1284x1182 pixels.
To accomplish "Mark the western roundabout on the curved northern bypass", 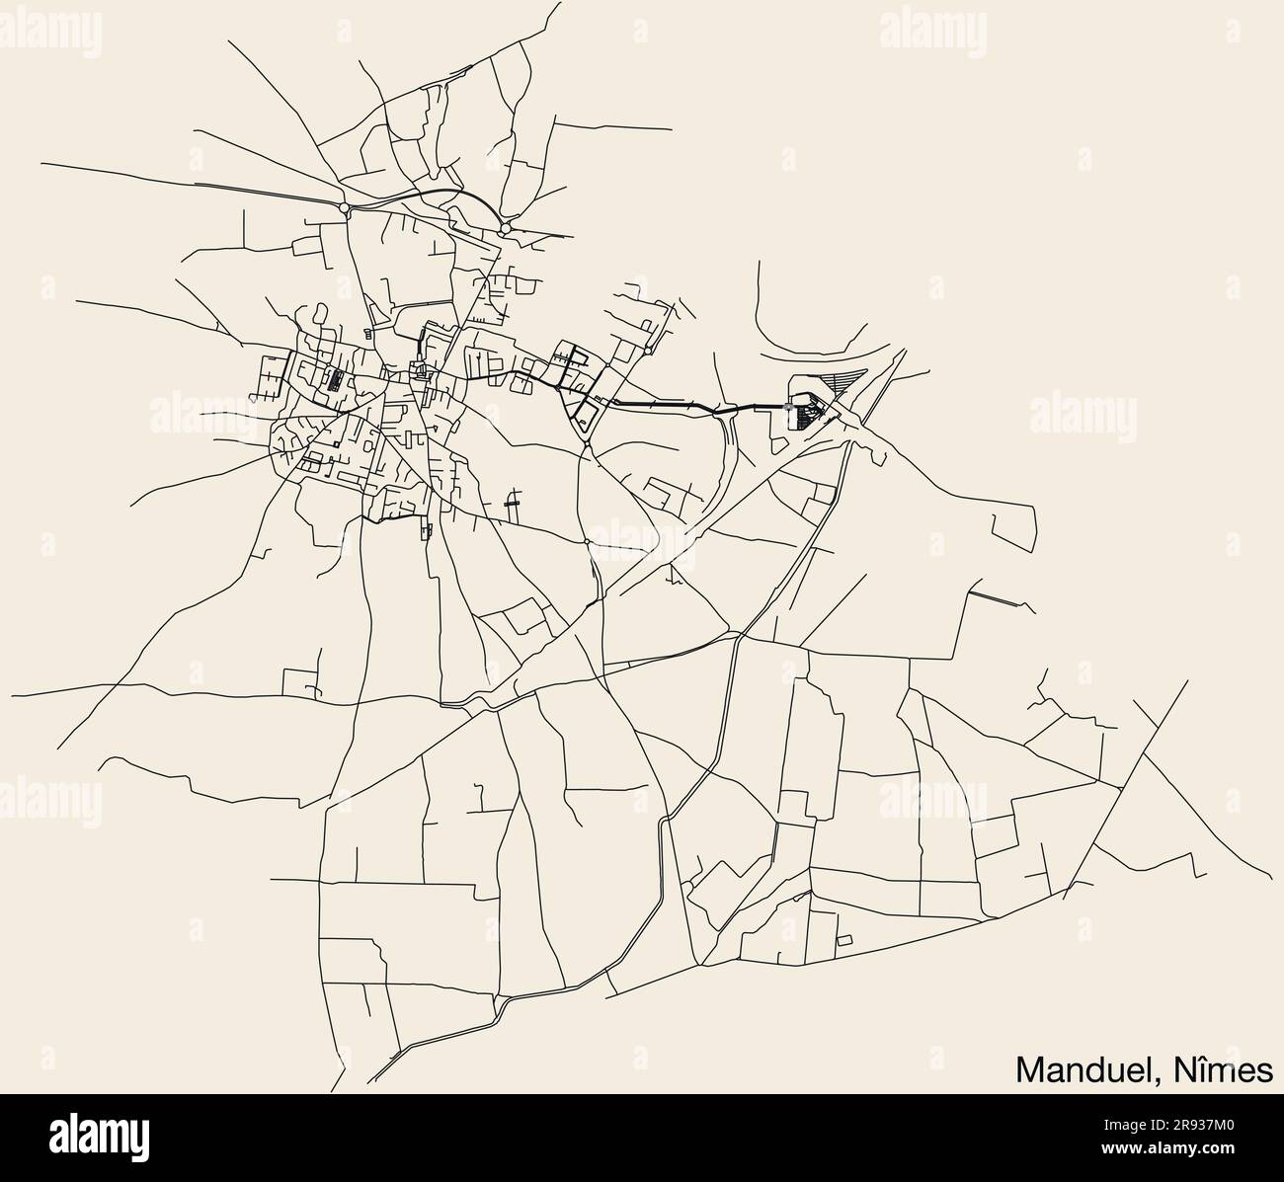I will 344,208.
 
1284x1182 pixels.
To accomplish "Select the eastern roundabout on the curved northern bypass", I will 505,229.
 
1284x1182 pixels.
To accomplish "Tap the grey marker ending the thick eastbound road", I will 787,406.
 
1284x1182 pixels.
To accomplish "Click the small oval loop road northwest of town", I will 318,317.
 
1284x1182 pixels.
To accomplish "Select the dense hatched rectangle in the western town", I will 336,380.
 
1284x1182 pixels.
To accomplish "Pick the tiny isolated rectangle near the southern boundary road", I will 844,939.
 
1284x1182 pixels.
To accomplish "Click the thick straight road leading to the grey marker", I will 691,406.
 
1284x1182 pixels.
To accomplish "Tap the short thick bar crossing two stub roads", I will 511,503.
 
